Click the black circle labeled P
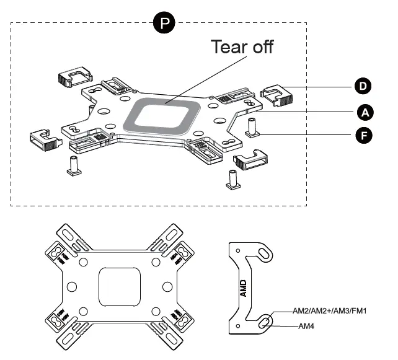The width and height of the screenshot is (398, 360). [164, 23]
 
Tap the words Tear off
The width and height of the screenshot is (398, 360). [242, 46]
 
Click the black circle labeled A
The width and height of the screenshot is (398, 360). [365, 112]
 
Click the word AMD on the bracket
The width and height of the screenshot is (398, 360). [243, 289]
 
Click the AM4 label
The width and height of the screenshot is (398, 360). [306, 325]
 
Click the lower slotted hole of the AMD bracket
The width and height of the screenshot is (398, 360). [265, 322]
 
